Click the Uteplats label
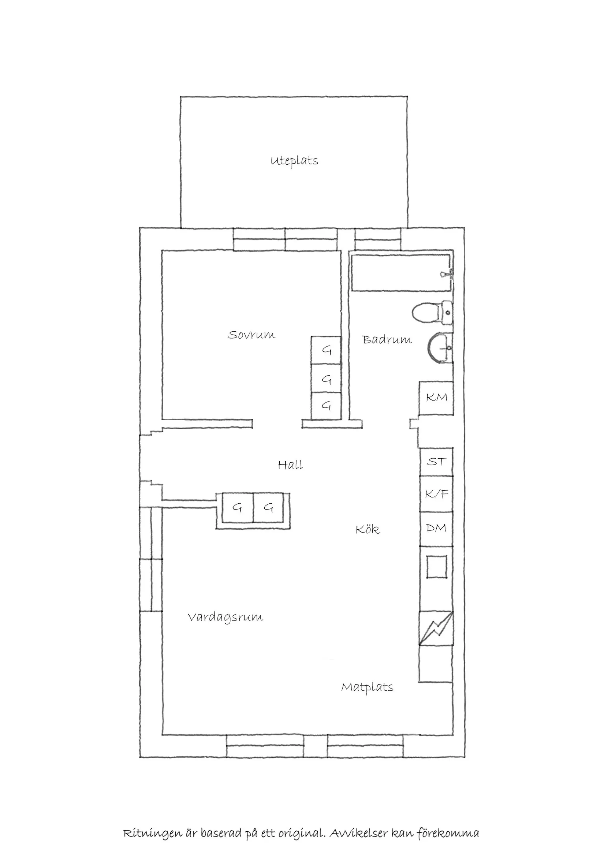[x=294, y=161]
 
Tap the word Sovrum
[x=251, y=335]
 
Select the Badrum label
[x=387, y=340]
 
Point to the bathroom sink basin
[x=439, y=348]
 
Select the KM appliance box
[x=436, y=398]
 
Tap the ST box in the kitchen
[x=436, y=462]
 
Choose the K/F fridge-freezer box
[x=436, y=494]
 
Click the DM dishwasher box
[x=436, y=528]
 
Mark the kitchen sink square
[x=436, y=567]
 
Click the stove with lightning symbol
[x=436, y=628]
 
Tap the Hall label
[x=291, y=465]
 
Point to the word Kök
[x=368, y=529]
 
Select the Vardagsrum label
[x=225, y=618]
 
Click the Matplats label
[x=367, y=687]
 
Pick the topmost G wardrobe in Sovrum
[x=326, y=350]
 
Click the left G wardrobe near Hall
[x=237, y=508]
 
